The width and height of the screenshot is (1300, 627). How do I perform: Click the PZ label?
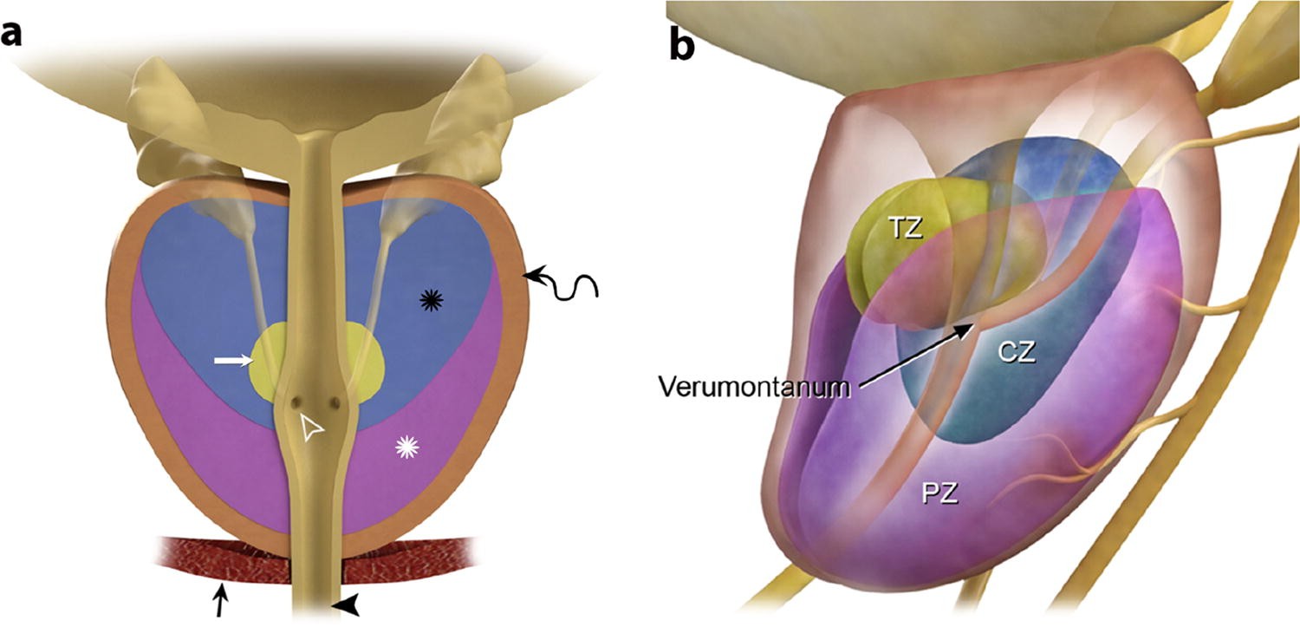[939, 494]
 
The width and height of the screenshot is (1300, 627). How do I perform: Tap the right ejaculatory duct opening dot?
[333, 402]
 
